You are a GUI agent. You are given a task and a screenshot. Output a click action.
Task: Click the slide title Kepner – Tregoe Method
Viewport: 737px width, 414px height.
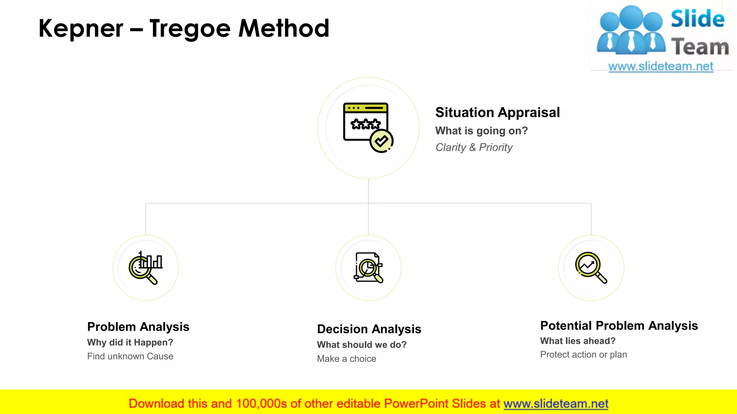click(184, 29)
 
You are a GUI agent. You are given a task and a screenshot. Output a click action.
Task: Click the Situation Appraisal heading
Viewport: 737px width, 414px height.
click(497, 112)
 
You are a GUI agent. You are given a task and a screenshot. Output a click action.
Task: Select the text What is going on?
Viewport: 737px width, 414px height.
click(481, 131)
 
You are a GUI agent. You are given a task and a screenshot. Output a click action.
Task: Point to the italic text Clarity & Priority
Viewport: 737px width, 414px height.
click(474, 147)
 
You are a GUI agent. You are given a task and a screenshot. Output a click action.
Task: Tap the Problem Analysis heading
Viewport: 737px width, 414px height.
click(138, 327)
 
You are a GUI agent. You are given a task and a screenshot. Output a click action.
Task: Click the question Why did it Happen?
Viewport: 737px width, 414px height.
click(130, 342)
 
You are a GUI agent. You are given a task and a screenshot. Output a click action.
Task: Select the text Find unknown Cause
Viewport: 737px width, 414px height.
click(130, 356)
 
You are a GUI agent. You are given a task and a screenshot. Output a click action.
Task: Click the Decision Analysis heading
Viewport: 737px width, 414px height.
click(369, 329)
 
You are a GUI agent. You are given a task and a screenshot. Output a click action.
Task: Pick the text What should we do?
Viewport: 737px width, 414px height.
click(362, 345)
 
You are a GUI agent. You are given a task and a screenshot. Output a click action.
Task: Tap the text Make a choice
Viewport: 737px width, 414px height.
click(346, 359)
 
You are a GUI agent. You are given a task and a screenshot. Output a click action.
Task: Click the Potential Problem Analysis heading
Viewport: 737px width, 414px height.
click(619, 326)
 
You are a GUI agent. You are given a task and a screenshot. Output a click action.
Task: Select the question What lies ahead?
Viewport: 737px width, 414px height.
click(578, 341)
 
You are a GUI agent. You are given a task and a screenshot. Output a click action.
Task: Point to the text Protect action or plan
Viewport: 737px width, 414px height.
click(583, 355)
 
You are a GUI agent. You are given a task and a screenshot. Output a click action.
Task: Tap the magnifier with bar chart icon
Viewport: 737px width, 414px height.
click(146, 268)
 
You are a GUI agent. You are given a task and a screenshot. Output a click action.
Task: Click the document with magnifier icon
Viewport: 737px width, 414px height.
click(368, 268)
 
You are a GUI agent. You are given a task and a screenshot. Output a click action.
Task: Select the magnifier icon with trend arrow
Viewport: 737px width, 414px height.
click(591, 268)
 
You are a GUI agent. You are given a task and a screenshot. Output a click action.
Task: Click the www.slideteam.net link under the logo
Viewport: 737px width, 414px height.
click(660, 66)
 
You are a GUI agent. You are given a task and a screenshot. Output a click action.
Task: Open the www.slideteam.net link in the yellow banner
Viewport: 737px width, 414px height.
click(556, 404)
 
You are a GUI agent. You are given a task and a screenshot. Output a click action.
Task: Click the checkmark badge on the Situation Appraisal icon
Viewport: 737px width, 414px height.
click(381, 141)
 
